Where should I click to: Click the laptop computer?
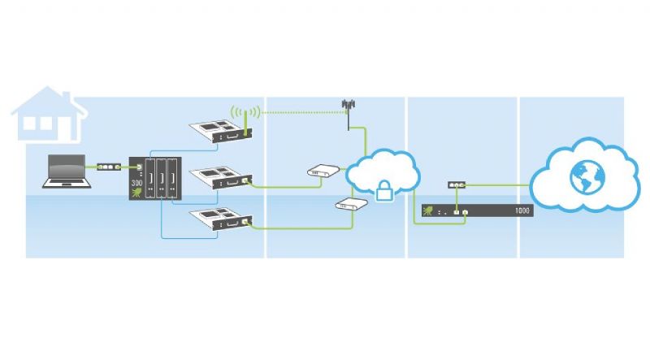[67, 171]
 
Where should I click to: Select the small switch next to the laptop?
[109, 167]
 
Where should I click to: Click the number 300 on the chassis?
[136, 183]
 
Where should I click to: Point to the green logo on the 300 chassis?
[136, 193]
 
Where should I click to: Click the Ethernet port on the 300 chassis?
[139, 167]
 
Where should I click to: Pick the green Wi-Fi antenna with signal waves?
[246, 118]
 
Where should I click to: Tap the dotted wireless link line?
[301, 112]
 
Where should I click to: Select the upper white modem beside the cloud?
[323, 170]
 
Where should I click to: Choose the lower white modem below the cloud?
[352, 204]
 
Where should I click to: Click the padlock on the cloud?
[384, 191]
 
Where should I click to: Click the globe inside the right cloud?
[587, 177]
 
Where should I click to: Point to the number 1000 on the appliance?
[522, 210]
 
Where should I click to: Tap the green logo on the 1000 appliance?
[427, 210]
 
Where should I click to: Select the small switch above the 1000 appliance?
[457, 185]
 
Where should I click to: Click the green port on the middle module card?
[245, 180]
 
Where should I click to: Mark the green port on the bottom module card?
[245, 222]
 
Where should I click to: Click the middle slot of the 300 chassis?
[161, 178]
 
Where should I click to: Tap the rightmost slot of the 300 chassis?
[172, 178]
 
